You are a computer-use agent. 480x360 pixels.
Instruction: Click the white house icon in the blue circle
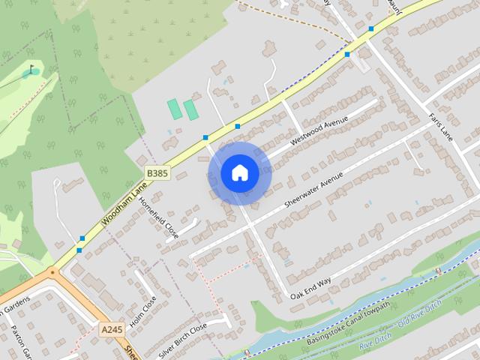pos(239,173)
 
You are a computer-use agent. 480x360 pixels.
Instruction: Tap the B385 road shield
pos(157,173)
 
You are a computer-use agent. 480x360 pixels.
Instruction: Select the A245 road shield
pos(112,328)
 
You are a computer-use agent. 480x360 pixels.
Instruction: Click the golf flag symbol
pos(31,71)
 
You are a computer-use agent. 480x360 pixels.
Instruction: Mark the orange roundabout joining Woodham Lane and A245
pos(52,272)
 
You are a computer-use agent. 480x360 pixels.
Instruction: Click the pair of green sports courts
pos(183,109)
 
